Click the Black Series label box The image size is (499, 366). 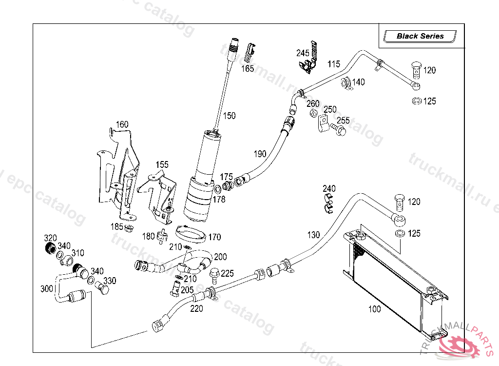coord(420,36)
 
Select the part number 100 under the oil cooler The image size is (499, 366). coord(375,309)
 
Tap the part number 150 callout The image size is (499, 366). coord(229,116)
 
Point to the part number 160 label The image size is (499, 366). coord(122,124)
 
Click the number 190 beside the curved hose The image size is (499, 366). coord(260,154)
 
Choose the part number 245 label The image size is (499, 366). coord(303,53)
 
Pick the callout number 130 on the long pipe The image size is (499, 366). coord(313,235)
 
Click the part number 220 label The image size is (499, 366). coord(196,308)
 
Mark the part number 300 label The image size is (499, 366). coord(47,289)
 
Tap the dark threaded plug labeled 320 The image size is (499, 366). coord(50,249)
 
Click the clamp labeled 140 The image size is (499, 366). coord(346,82)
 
